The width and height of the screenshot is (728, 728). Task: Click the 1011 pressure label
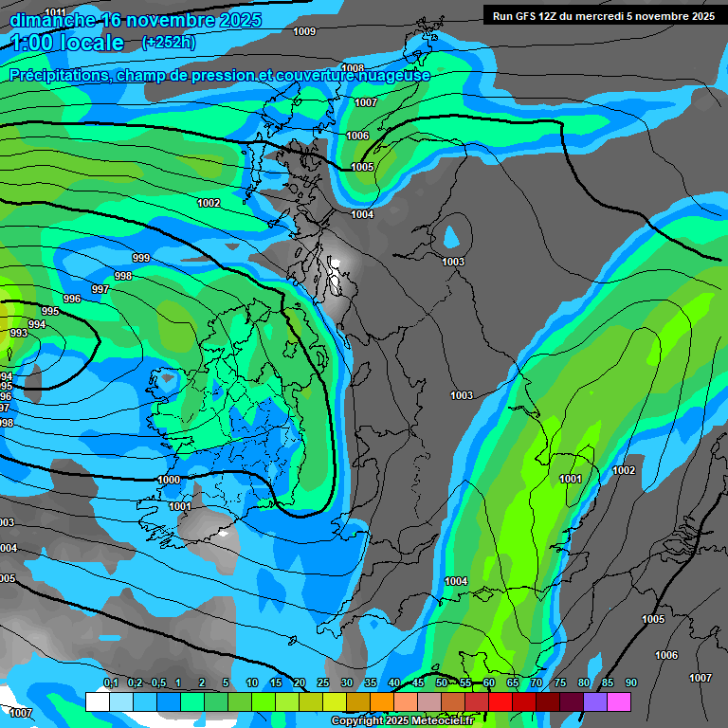coord(55,11)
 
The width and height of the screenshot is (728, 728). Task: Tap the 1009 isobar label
coord(304,32)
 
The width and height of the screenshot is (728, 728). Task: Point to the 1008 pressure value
coord(353,68)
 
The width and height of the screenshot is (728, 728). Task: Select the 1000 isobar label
coord(169,481)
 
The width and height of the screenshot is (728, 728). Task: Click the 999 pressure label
coord(141,258)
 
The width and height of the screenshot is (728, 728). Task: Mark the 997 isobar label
coord(100,289)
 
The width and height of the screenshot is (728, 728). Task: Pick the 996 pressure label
coord(72,299)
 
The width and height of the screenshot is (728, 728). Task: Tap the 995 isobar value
coord(50,311)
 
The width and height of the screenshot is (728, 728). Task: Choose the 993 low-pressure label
coord(18,333)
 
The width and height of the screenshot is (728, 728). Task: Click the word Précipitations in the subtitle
coord(58,75)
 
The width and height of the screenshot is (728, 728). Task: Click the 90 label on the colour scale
coord(630,682)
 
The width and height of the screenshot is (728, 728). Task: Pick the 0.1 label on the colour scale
coord(111,682)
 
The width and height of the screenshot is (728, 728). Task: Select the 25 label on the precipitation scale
coord(322,682)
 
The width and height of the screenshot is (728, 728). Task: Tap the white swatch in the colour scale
coord(97,701)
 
